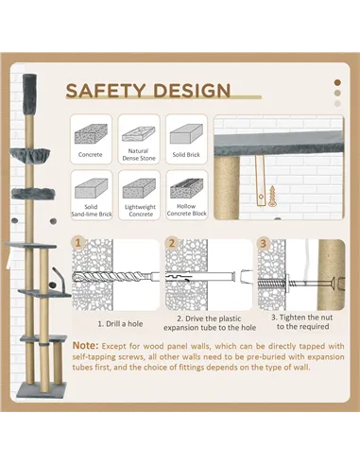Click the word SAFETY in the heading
[x=106, y=90]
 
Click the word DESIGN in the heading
[x=192, y=90]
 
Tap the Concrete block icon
[x=91, y=134]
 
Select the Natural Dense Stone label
[x=139, y=155]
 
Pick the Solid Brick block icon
[x=186, y=134]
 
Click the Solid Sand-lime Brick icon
[x=92, y=188]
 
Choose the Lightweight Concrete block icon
[x=139, y=188]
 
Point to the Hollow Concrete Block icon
[x=186, y=188]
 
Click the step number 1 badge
[x=77, y=243]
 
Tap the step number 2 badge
[x=171, y=243]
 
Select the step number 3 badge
[x=264, y=243]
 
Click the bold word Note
[x=85, y=346]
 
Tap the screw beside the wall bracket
[x=272, y=196]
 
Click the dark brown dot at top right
[x=337, y=82]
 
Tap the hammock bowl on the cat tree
[x=30, y=155]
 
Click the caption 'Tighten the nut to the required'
[x=302, y=322]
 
